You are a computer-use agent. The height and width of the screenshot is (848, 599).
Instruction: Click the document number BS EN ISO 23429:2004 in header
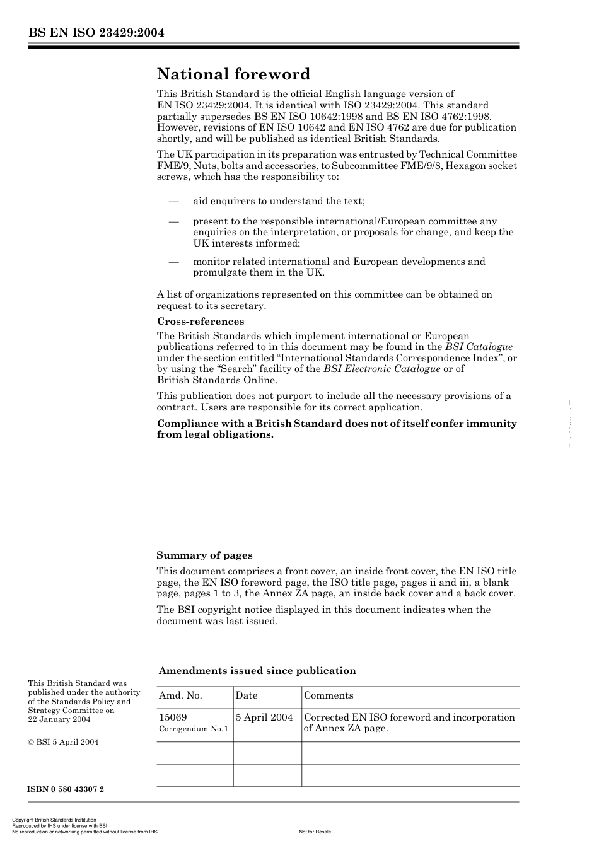96,33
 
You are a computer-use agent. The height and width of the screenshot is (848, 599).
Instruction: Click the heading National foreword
233,74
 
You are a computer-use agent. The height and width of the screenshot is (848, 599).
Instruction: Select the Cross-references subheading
200,322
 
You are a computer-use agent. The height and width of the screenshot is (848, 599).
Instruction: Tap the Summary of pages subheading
204,555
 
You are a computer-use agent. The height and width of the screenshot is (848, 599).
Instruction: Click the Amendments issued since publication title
257,671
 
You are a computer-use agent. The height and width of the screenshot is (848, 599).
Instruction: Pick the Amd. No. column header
180,695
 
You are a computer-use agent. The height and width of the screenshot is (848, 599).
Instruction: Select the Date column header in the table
247,695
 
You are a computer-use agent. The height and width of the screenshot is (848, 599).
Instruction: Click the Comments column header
329,695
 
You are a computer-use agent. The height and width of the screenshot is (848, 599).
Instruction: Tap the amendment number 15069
173,717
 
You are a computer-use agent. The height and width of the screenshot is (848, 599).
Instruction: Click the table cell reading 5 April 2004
264,717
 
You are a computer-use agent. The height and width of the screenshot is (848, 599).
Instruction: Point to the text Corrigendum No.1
194,729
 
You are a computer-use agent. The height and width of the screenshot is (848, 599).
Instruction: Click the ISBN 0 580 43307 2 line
66,789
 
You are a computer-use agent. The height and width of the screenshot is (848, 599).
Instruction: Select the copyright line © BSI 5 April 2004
63,742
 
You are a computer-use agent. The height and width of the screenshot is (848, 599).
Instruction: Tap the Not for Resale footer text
315,832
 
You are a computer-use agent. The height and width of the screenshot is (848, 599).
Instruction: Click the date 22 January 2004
59,719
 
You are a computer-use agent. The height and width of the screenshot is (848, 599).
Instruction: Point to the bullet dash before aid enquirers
173,202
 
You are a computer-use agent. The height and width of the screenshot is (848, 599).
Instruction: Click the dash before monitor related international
173,262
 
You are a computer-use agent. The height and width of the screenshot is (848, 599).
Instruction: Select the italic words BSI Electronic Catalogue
381,369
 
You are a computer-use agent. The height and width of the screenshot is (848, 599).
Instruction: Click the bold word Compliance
187,424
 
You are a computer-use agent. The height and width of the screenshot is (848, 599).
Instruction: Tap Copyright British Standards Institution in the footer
54,820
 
